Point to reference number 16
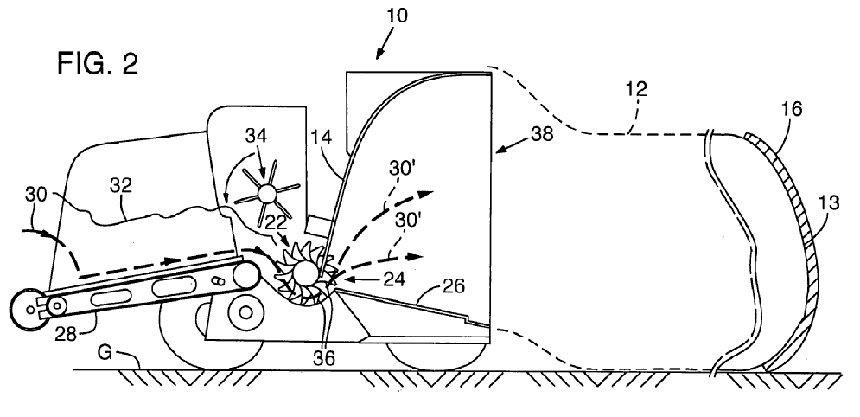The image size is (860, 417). tap(791, 109)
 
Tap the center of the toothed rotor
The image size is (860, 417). tap(303, 274)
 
